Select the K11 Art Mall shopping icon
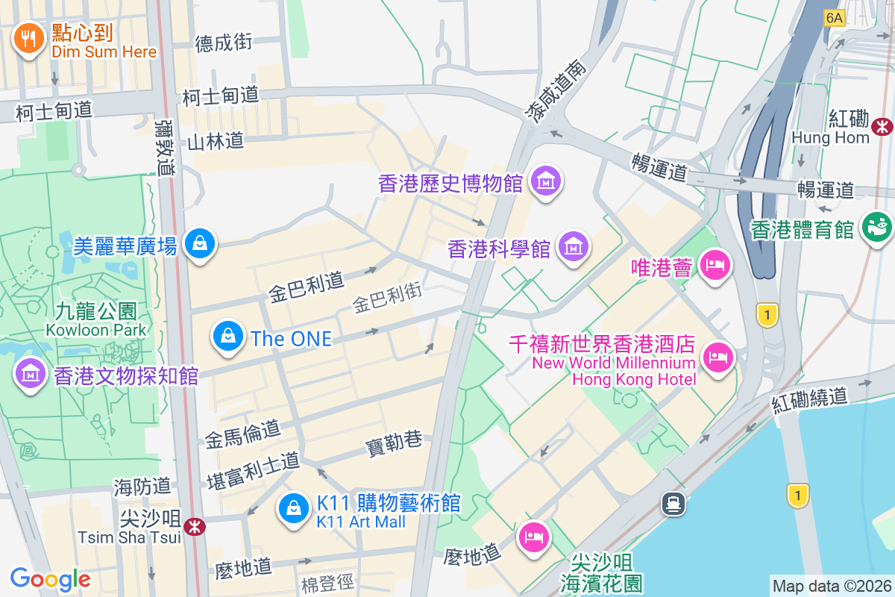point(294,508)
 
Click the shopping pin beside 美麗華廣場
point(200,243)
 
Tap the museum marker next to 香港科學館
point(574,246)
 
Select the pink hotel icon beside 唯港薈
point(715,265)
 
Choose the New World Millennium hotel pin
point(717,357)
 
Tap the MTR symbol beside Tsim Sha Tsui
point(195,527)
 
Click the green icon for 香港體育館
point(877,227)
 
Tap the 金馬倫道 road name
point(242,432)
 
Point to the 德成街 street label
point(223,43)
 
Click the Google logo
point(50,578)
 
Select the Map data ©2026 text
point(831,586)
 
